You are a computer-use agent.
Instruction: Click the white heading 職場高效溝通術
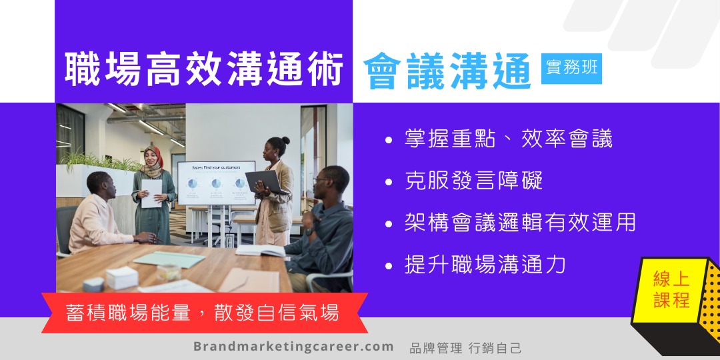coord(204,69)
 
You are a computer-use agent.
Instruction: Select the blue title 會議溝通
coord(448,71)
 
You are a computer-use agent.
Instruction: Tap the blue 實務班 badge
coord(571,69)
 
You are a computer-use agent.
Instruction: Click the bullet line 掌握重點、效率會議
coord(508,138)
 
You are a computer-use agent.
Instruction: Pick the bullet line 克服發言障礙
coord(473,180)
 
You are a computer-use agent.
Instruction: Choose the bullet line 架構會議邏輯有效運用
coord(520,222)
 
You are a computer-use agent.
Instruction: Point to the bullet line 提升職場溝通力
coord(485,265)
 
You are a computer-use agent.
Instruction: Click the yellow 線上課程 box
coord(671,290)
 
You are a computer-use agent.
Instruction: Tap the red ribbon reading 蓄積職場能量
coord(205,313)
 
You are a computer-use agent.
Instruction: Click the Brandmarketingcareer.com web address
coord(293,346)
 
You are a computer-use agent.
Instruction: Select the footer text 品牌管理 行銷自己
coord(465,347)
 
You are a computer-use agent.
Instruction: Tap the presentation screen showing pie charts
coord(216,183)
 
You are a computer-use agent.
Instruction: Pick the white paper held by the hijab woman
coord(151,193)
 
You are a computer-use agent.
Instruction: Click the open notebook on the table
coord(261,250)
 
